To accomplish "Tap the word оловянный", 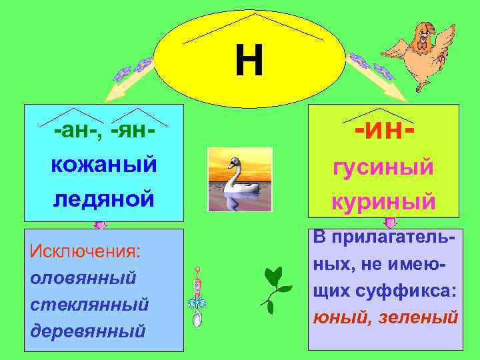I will coord(83,277).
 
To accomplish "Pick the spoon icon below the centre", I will coord(197,300).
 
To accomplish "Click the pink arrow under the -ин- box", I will coord(390,223).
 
